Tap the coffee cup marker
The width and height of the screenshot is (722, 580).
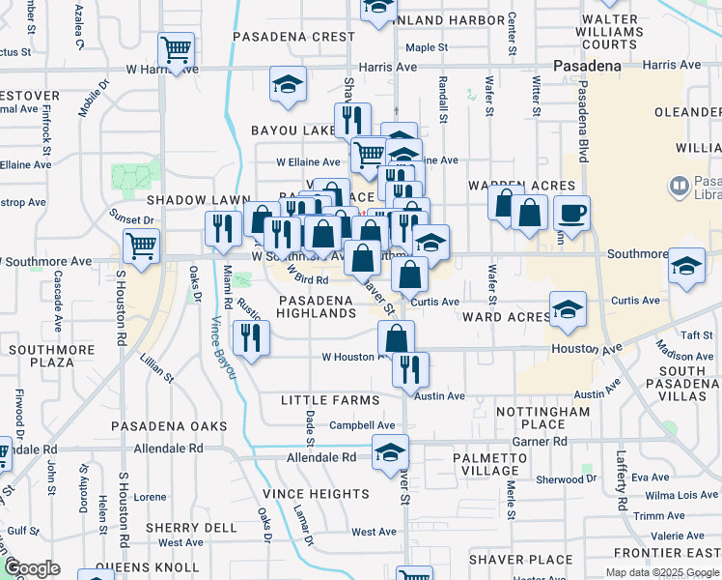pos(572,213)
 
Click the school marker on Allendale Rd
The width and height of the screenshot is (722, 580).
pos(390,451)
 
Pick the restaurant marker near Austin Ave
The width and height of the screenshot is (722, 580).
pos(410,369)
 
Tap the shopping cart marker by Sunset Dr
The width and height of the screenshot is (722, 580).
pos(141,246)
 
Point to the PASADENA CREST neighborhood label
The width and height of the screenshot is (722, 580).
pos(294,37)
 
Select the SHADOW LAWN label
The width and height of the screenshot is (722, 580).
pos(185,199)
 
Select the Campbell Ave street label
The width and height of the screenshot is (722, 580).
pos(362,425)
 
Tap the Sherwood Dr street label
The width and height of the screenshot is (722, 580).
pos(560,479)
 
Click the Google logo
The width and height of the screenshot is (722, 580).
pos(32,568)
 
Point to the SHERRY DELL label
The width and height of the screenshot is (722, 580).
pos(191,528)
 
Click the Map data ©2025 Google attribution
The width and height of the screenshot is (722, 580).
pos(662,572)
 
